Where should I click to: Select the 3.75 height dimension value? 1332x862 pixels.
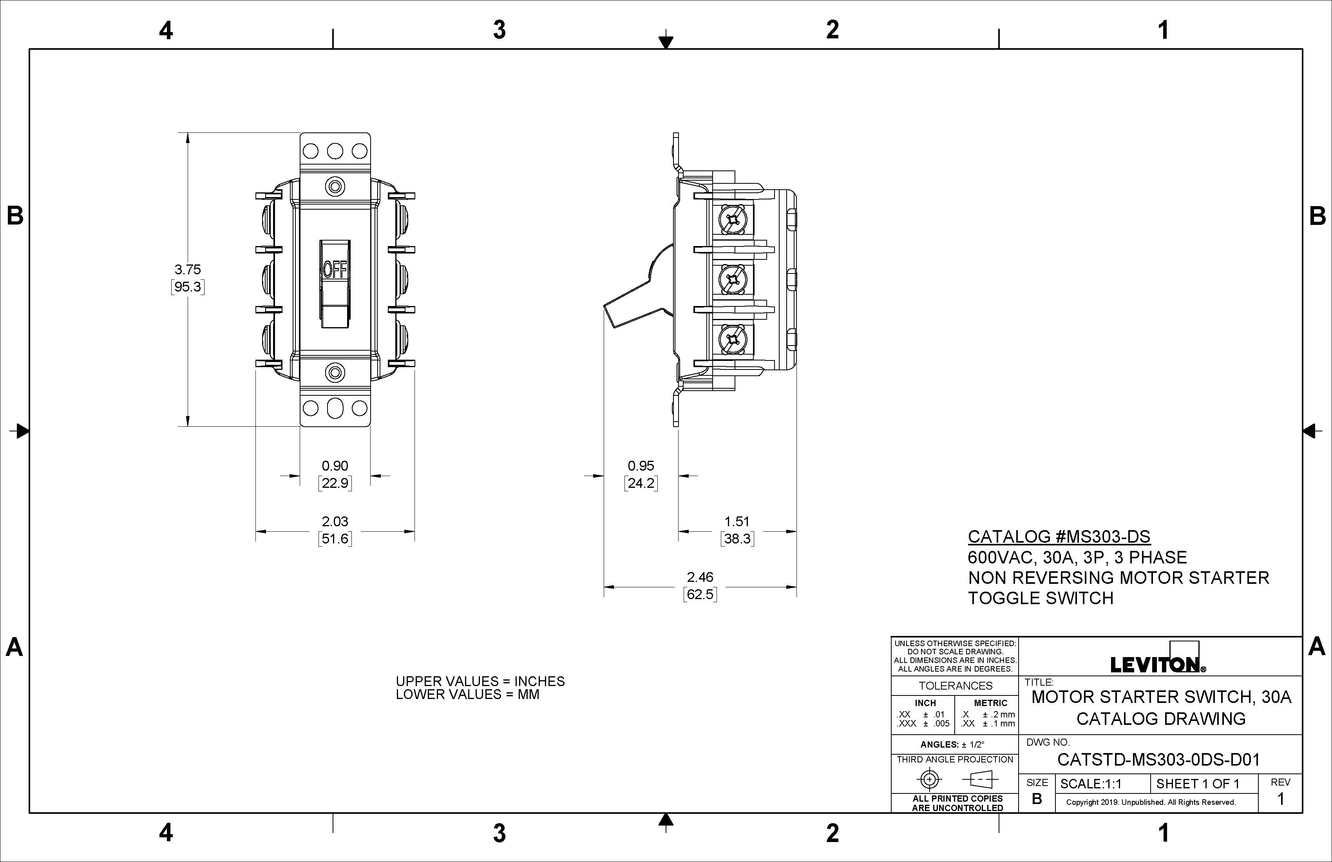(x=188, y=269)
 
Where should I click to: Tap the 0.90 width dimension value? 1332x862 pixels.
(x=335, y=466)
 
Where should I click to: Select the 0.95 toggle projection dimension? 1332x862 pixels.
(x=641, y=466)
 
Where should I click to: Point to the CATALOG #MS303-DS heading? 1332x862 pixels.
(x=1059, y=537)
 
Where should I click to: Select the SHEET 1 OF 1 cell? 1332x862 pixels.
(x=1198, y=784)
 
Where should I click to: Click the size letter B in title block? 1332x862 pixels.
(x=1037, y=799)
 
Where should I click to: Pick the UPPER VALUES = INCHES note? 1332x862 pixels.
(x=480, y=681)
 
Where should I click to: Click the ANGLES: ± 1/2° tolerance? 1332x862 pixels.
(x=952, y=744)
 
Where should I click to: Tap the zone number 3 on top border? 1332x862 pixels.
(x=499, y=30)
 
